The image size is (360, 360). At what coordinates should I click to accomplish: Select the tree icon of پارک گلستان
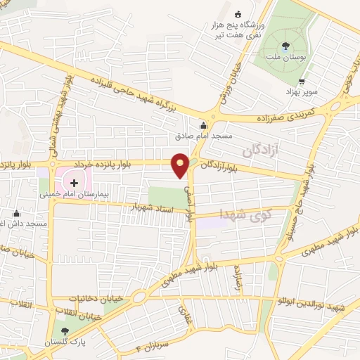click(66, 330)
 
